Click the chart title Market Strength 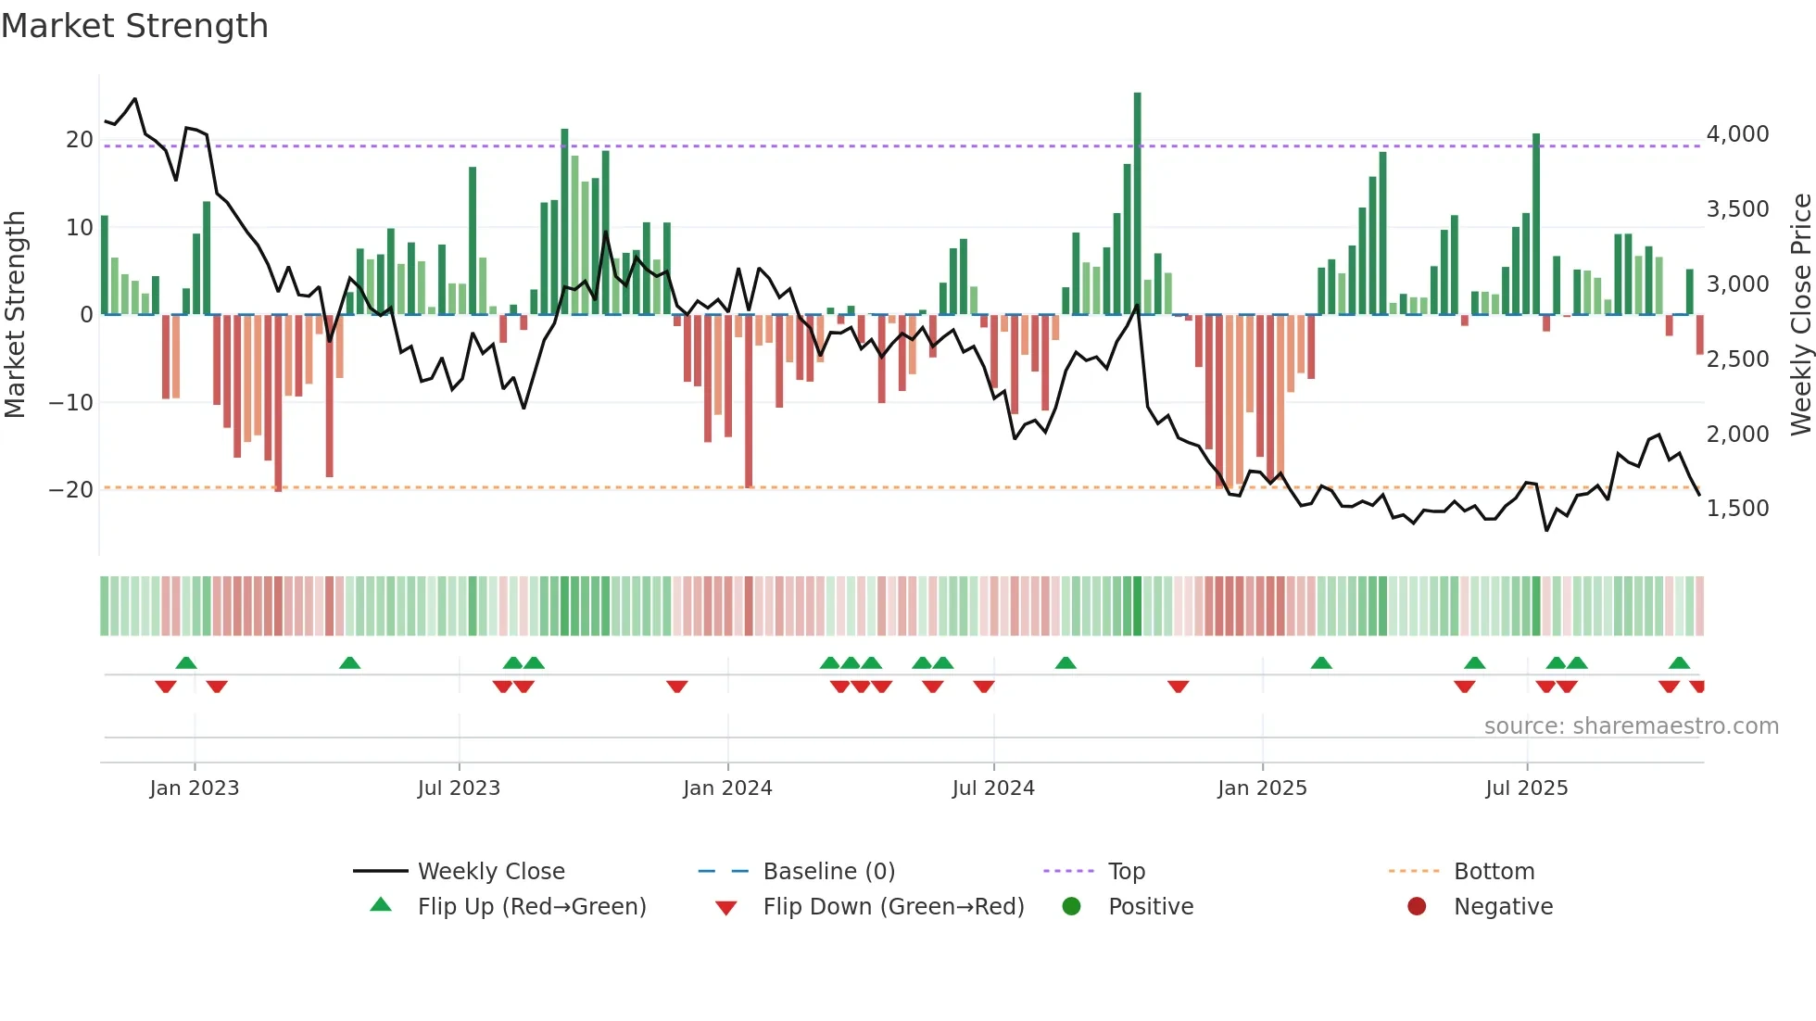tap(134, 26)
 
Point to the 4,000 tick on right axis tap(1737, 134)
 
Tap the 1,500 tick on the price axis tap(1737, 509)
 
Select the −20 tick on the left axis tap(71, 490)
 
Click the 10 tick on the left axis tap(80, 228)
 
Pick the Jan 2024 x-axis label tap(727, 788)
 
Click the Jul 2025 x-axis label tap(1526, 788)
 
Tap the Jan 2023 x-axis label tap(195, 788)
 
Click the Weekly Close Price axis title tap(1800, 315)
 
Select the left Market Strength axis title tap(15, 315)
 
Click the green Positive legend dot tap(1072, 907)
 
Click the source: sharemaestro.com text tap(1631, 726)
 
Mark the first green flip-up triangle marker tap(186, 663)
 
